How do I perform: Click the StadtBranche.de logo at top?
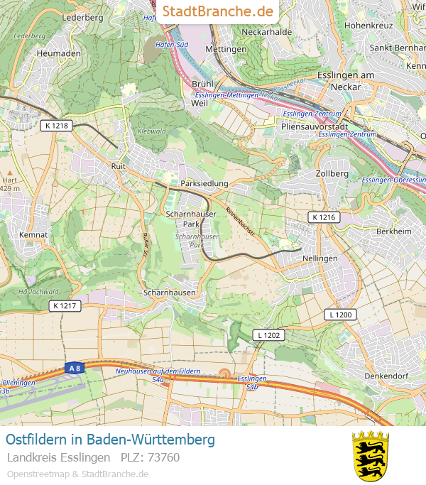click(218, 11)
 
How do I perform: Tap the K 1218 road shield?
click(55, 126)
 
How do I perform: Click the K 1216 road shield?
click(324, 217)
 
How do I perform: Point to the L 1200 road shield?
click(341, 314)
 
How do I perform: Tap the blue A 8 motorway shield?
click(73, 368)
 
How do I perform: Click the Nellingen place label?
click(319, 258)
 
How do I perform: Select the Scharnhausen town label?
click(169, 293)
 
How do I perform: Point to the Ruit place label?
click(119, 166)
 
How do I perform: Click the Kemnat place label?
click(33, 234)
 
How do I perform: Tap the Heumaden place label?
click(58, 53)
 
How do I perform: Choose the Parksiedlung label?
click(204, 183)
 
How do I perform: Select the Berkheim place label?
click(393, 231)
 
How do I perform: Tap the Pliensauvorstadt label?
click(314, 126)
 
